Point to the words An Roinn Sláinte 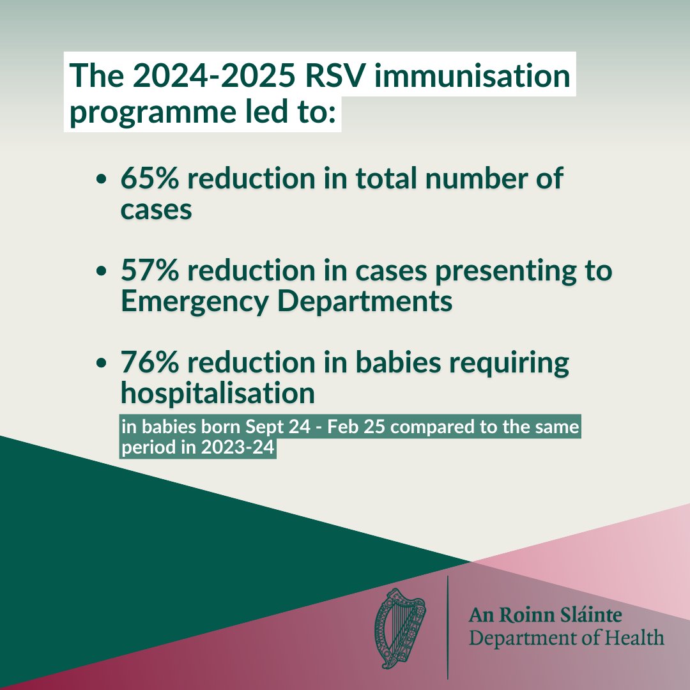[x=545, y=616]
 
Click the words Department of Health [x=566, y=638]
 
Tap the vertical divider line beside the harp [x=447, y=626]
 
